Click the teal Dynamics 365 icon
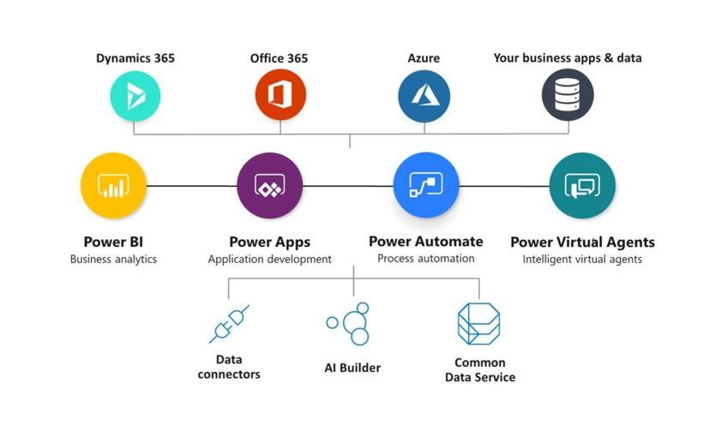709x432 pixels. [x=135, y=95]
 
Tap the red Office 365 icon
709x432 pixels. [x=279, y=95]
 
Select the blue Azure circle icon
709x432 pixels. [x=424, y=95]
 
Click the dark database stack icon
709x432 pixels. [x=568, y=95]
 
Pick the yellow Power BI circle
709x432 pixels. [x=113, y=184]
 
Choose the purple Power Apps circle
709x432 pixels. [x=269, y=184]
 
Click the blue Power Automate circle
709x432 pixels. [x=426, y=184]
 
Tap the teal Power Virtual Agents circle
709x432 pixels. [x=582, y=184]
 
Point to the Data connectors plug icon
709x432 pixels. [x=229, y=324]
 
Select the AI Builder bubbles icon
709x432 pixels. [x=349, y=324]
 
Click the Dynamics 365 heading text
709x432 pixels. [x=135, y=58]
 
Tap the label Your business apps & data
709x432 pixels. [x=568, y=58]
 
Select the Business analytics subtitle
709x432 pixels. [x=113, y=259]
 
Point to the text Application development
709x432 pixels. [x=269, y=259]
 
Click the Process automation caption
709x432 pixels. [x=426, y=259]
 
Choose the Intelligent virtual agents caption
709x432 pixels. [x=582, y=259]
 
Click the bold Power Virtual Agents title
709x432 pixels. [x=582, y=242]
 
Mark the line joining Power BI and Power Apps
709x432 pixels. [x=191, y=185]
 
